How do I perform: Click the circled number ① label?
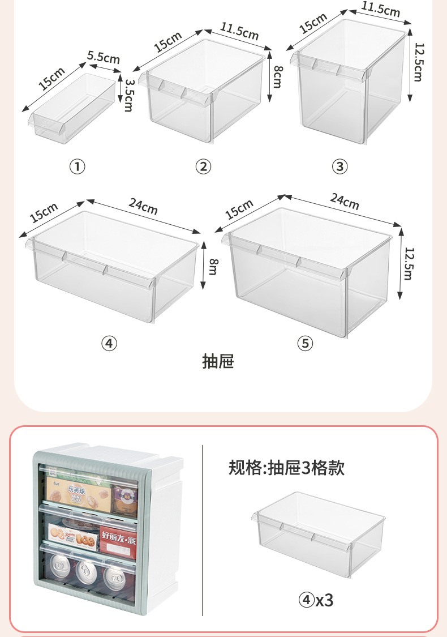77,167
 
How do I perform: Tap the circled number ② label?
203,166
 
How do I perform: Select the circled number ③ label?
339,166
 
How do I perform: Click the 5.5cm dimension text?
104,58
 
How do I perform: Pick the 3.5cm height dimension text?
129,95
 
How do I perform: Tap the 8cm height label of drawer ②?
277,75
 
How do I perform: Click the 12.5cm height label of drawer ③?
418,62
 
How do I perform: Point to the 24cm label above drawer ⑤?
344,201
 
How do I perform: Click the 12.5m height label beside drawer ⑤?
407,263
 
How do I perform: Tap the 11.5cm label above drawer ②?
239,32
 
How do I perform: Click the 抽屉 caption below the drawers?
218,361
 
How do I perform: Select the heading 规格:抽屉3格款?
286,468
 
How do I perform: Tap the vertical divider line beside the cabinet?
203,529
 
